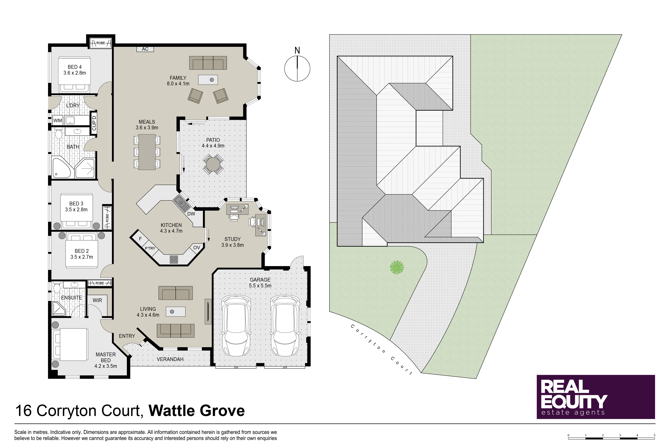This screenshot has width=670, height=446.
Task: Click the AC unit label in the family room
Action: [145, 49]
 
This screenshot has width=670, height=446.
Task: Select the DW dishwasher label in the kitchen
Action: [191, 214]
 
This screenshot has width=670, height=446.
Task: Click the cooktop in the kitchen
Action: [174, 259]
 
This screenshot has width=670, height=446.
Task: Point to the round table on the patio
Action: [213, 164]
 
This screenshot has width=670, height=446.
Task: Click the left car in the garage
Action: [236, 325]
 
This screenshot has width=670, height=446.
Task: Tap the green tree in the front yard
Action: [397, 267]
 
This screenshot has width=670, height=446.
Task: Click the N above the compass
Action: [297, 50]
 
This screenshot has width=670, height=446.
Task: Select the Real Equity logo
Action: [596, 397]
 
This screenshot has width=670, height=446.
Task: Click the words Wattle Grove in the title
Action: [196, 411]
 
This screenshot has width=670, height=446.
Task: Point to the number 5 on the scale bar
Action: [654, 435]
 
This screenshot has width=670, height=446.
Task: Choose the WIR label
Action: [97, 300]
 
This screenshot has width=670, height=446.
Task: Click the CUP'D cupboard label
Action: [94, 123]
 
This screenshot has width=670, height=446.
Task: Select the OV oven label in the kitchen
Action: [196, 248]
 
